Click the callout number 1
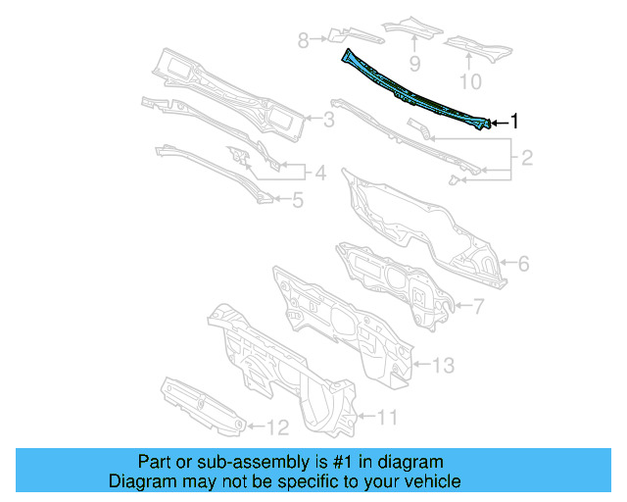[x=515, y=122]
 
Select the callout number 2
[x=526, y=157]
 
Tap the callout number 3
[x=329, y=121]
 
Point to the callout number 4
[x=319, y=175]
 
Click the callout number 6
[x=523, y=263]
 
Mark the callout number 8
[x=304, y=40]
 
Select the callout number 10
[x=471, y=79]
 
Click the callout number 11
[x=388, y=418]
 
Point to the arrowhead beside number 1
[x=495, y=123]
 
